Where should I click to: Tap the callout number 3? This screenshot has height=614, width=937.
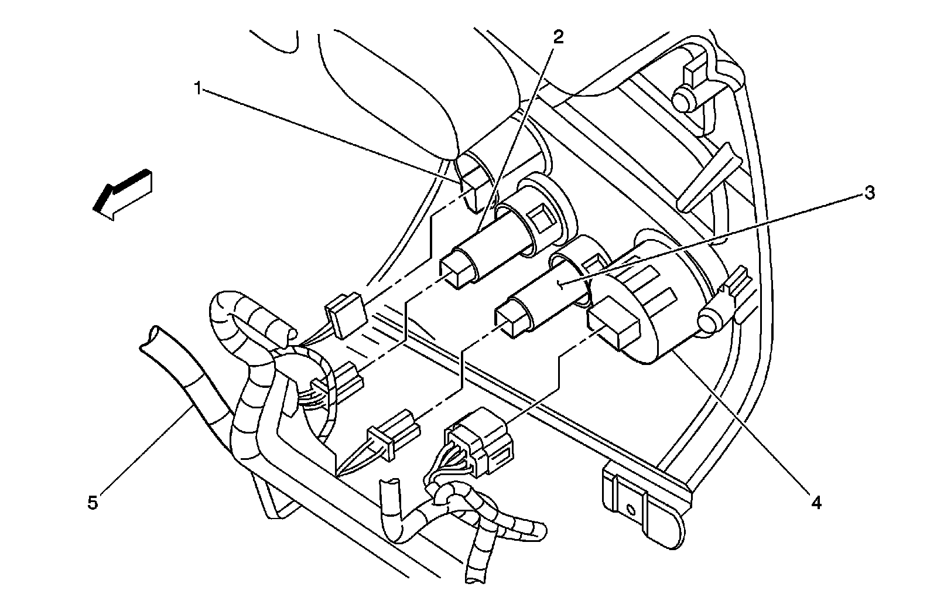tap(870, 193)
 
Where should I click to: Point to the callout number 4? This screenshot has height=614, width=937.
tap(816, 502)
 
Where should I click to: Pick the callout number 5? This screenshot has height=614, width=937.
tap(93, 503)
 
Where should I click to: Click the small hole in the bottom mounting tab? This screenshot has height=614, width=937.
tap(630, 508)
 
